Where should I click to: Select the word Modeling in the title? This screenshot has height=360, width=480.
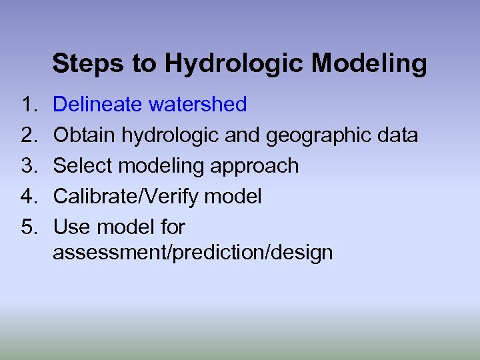369,64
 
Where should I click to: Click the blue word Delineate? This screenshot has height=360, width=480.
97,105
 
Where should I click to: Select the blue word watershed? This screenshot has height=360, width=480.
197,105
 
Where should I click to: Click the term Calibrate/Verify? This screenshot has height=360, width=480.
125,197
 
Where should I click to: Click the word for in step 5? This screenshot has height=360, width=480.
172,227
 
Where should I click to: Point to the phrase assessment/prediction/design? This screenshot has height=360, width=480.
193,253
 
